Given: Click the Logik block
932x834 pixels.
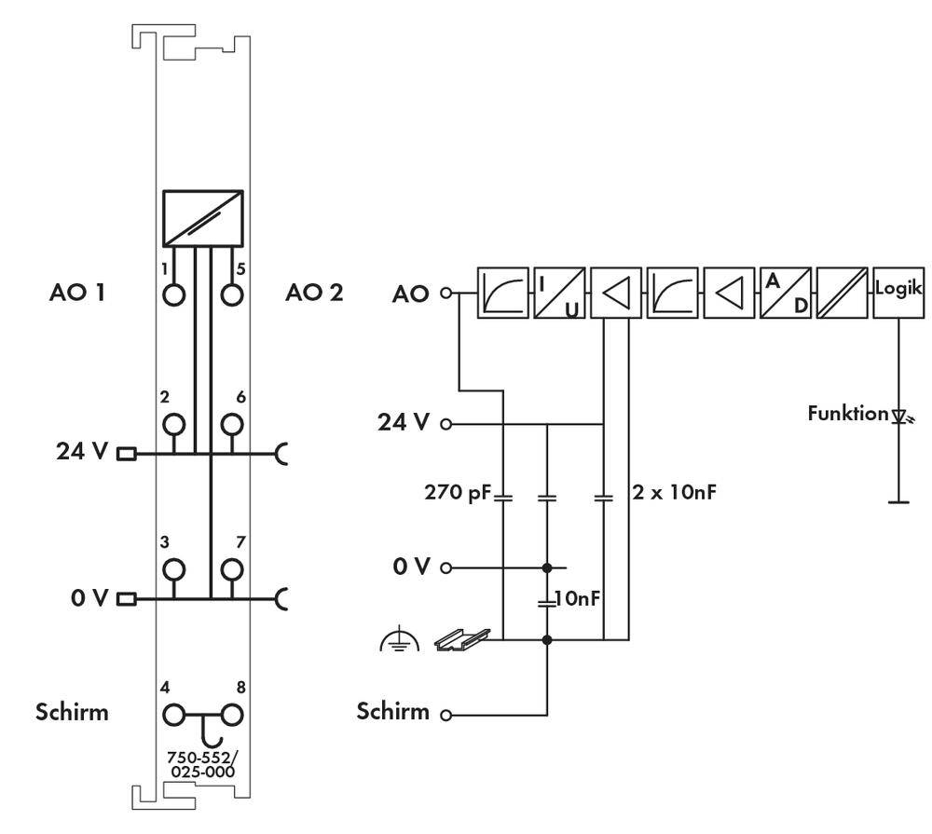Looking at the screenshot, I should pyautogui.click(x=898, y=293).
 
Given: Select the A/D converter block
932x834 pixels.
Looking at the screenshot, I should pyautogui.click(x=785, y=293).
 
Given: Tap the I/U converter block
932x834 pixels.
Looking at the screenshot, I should pyautogui.click(x=559, y=293).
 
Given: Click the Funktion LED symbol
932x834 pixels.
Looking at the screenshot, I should pyautogui.click(x=899, y=414).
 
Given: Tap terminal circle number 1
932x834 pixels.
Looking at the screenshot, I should pyautogui.click(x=173, y=295).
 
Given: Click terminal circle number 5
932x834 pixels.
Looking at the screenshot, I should pyautogui.click(x=231, y=295).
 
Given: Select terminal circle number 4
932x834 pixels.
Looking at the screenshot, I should pyautogui.click(x=173, y=716).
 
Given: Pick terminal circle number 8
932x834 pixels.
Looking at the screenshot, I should pyautogui.click(x=231, y=716).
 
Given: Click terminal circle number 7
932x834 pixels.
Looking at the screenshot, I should pyautogui.click(x=231, y=569).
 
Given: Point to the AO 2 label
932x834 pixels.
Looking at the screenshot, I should pyautogui.click(x=313, y=293).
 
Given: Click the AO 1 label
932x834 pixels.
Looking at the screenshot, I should pyautogui.click(x=76, y=293).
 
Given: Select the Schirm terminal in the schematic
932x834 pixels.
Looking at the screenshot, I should pyautogui.click(x=445, y=715).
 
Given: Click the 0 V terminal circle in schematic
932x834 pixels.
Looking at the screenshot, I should pyautogui.click(x=445, y=567).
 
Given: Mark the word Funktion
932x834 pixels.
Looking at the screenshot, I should pyautogui.click(x=847, y=413).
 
